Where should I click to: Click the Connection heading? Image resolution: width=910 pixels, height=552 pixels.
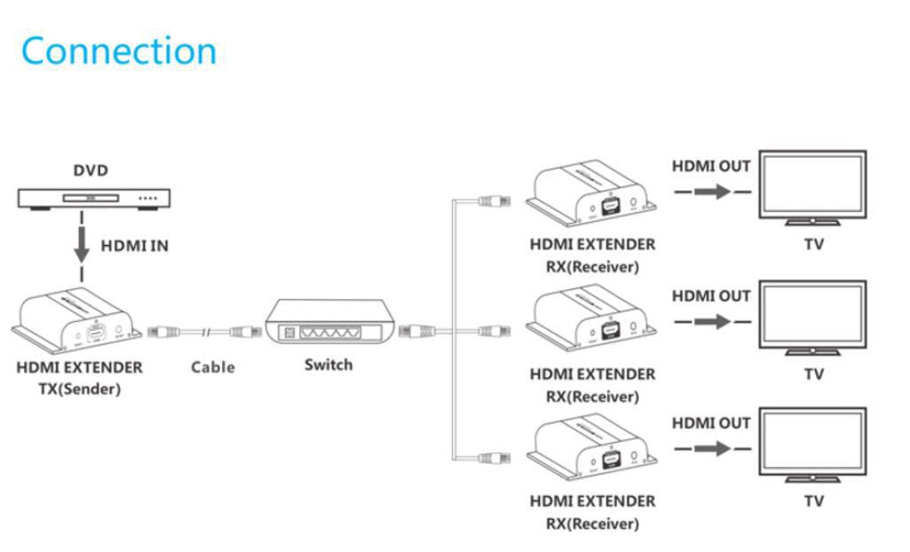(119, 51)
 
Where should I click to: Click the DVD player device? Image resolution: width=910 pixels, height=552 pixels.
(94, 198)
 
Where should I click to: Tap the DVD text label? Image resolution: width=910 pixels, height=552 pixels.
(91, 170)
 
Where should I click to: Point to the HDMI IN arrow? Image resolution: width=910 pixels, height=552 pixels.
(82, 245)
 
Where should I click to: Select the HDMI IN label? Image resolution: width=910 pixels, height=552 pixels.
(134, 246)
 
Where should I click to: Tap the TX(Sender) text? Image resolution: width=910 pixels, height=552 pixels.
(79, 389)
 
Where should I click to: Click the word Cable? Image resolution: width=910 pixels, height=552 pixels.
(213, 367)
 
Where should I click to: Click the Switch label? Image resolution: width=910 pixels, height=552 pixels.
(328, 365)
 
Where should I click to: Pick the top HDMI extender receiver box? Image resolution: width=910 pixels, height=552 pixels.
(591, 191)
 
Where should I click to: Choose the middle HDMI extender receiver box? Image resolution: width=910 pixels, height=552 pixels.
(591, 319)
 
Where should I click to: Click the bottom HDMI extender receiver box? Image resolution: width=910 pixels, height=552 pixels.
(591, 447)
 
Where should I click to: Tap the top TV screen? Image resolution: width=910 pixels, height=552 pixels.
(812, 185)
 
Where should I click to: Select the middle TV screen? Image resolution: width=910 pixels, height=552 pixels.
(812, 315)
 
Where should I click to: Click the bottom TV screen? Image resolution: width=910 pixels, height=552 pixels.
(812, 443)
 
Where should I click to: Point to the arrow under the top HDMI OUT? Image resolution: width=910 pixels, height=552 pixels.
(712, 192)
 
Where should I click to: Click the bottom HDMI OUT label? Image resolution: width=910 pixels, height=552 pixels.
(711, 423)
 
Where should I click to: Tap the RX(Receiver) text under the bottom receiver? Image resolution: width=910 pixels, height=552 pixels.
(592, 524)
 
